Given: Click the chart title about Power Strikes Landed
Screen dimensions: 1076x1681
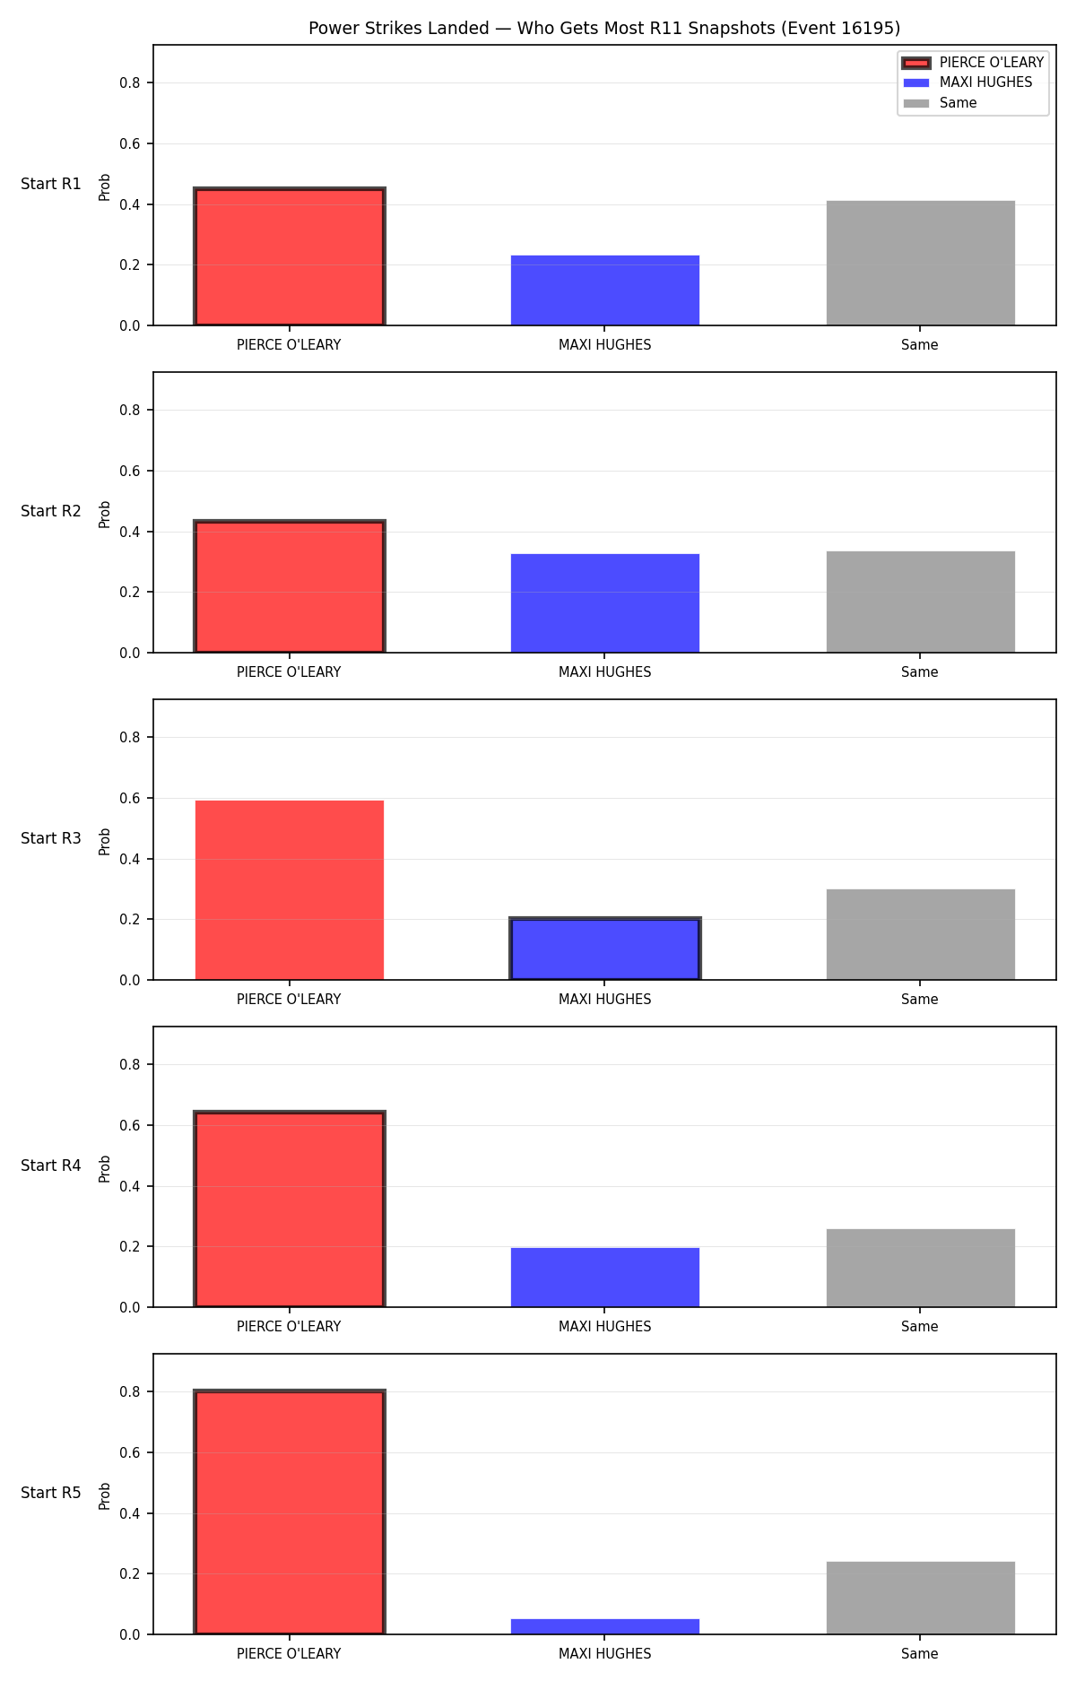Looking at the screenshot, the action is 604,29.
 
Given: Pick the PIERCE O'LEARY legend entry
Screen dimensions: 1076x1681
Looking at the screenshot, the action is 973,63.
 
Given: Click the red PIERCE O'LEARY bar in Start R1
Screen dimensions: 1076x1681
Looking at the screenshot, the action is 290,256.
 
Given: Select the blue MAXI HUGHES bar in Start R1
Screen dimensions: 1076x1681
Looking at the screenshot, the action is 605,290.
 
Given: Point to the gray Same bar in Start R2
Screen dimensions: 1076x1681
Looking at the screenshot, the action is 921,602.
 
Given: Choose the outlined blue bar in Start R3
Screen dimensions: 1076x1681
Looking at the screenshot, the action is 605,949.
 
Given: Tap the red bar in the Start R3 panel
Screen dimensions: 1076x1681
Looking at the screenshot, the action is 290,890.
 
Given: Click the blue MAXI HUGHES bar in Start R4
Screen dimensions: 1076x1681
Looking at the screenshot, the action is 605,1278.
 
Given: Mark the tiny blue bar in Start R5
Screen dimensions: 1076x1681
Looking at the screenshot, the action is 605,1626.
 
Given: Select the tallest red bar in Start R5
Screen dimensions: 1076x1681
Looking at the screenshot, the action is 290,1512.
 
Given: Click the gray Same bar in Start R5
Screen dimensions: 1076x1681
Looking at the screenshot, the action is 921,1598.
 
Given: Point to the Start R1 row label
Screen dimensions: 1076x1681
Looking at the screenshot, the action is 51,184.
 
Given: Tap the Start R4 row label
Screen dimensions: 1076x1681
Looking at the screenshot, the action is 51,1165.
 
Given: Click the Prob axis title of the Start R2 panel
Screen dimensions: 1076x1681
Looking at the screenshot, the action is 105,514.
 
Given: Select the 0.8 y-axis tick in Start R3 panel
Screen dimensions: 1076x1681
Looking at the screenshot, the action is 130,737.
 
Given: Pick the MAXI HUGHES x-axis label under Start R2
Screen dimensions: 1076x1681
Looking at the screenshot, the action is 605,672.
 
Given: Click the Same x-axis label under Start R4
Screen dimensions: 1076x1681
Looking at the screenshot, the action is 920,1327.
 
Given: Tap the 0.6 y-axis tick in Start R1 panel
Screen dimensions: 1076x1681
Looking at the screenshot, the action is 130,143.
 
